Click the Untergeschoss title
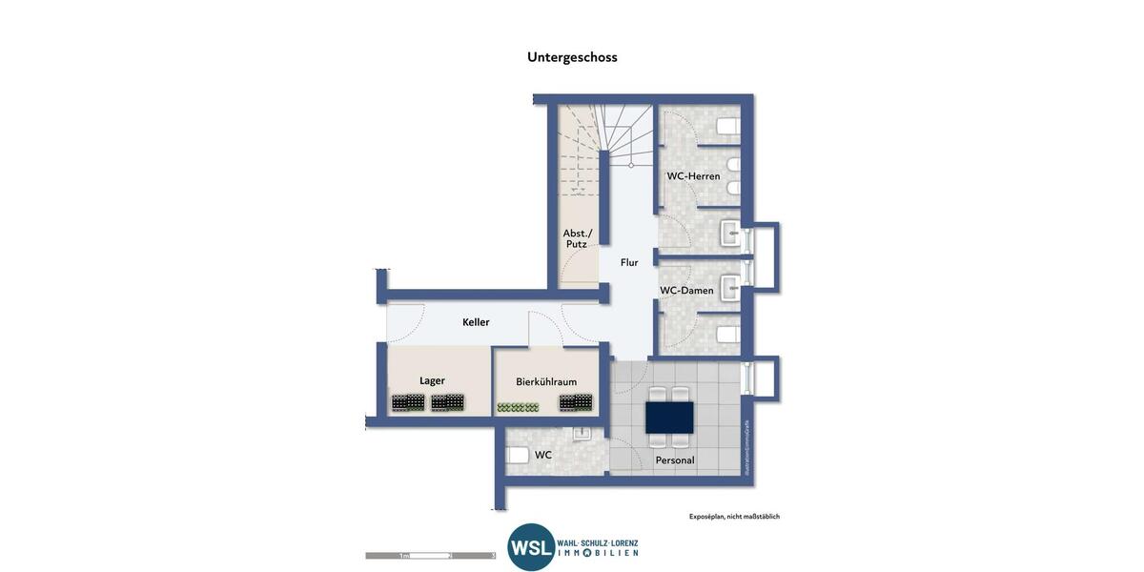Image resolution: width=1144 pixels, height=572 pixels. coord(572,57)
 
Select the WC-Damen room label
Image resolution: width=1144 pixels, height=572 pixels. coord(686,291)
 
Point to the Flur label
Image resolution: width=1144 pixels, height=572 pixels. coord(629,262)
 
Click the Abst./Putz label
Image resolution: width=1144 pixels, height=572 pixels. coord(577,238)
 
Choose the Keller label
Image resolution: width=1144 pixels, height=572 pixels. coord(476,322)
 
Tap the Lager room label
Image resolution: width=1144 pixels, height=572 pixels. coord(432,380)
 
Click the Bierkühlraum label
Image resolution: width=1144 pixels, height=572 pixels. coord(546,381)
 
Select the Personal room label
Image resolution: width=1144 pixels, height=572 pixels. coord(675,460)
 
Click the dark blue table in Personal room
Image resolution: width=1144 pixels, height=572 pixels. coord(669,417)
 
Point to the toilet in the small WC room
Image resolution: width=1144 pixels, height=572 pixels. coord(517,455)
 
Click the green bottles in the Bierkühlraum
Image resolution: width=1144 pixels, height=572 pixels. coord(518,407)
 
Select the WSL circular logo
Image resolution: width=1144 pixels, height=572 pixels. coord(531,547)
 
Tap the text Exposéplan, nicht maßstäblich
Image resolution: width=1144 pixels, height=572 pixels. coord(734,517)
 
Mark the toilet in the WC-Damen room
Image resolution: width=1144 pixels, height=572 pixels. coord(727,334)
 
